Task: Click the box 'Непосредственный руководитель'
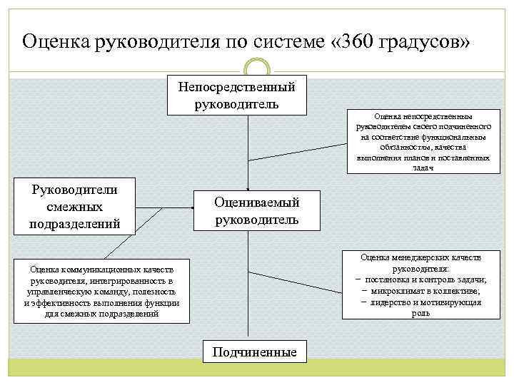pos(236,95)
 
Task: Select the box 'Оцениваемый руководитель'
pos(257,211)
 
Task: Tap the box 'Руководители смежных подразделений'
pos(75,206)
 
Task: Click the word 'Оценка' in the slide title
pos(54,41)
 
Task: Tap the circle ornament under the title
pos(257,69)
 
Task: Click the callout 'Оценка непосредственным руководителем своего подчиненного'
pos(423,143)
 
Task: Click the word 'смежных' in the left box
pos(74,207)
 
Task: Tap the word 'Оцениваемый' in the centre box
pos(257,202)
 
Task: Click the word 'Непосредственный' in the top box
pos(236,87)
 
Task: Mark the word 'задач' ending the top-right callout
pos(423,168)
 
